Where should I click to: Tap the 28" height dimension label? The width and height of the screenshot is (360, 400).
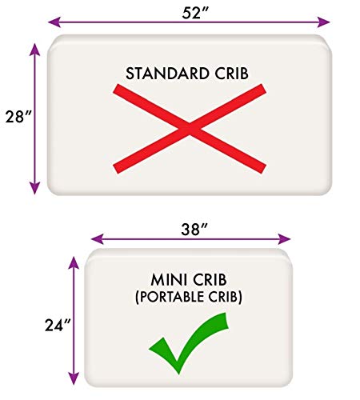point(18,117)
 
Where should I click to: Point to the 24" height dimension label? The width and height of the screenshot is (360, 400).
point(58,325)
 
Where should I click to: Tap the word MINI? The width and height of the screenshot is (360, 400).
point(169,280)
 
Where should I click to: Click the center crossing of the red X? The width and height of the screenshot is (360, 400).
point(190,129)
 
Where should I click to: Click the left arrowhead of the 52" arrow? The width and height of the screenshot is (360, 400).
point(54,22)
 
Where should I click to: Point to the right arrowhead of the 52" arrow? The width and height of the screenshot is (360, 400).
point(323,22)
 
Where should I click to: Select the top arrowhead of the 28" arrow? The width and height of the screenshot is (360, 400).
point(34,50)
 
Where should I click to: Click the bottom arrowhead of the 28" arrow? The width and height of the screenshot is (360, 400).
point(34,188)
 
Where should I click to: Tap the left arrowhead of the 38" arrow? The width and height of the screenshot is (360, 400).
point(98,239)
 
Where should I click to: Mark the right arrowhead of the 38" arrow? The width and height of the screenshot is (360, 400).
point(284,239)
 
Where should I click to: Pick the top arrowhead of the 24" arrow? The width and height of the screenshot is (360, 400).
point(74,263)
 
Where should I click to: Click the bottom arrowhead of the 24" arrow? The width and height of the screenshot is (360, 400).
point(74,378)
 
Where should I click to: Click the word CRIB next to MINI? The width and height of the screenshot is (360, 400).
point(210,280)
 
